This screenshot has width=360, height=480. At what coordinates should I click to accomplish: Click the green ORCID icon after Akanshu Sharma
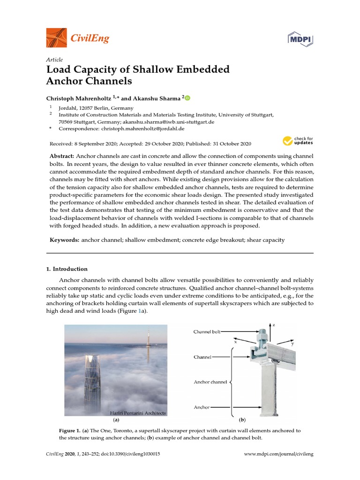(x=187, y=98)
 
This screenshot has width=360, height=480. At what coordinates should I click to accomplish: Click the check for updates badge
(x=297, y=141)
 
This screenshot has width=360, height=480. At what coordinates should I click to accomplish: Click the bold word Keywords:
(x=65, y=240)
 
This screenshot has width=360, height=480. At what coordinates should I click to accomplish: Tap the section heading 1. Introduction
(x=67, y=269)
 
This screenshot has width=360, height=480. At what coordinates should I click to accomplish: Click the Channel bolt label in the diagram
(x=207, y=332)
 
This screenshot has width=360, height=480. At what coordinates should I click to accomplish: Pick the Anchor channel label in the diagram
(x=210, y=382)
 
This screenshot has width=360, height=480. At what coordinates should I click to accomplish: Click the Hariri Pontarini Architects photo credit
(x=138, y=413)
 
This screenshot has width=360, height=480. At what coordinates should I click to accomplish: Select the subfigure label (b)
(x=242, y=420)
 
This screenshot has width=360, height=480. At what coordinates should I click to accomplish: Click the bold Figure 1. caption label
(x=69, y=430)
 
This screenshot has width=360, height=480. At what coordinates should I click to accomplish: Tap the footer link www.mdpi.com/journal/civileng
(x=279, y=455)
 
